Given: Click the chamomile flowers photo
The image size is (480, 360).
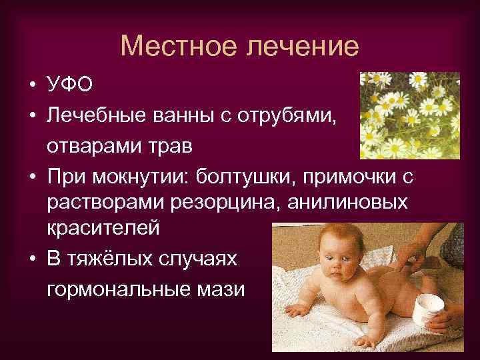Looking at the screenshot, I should (x=409, y=115).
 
